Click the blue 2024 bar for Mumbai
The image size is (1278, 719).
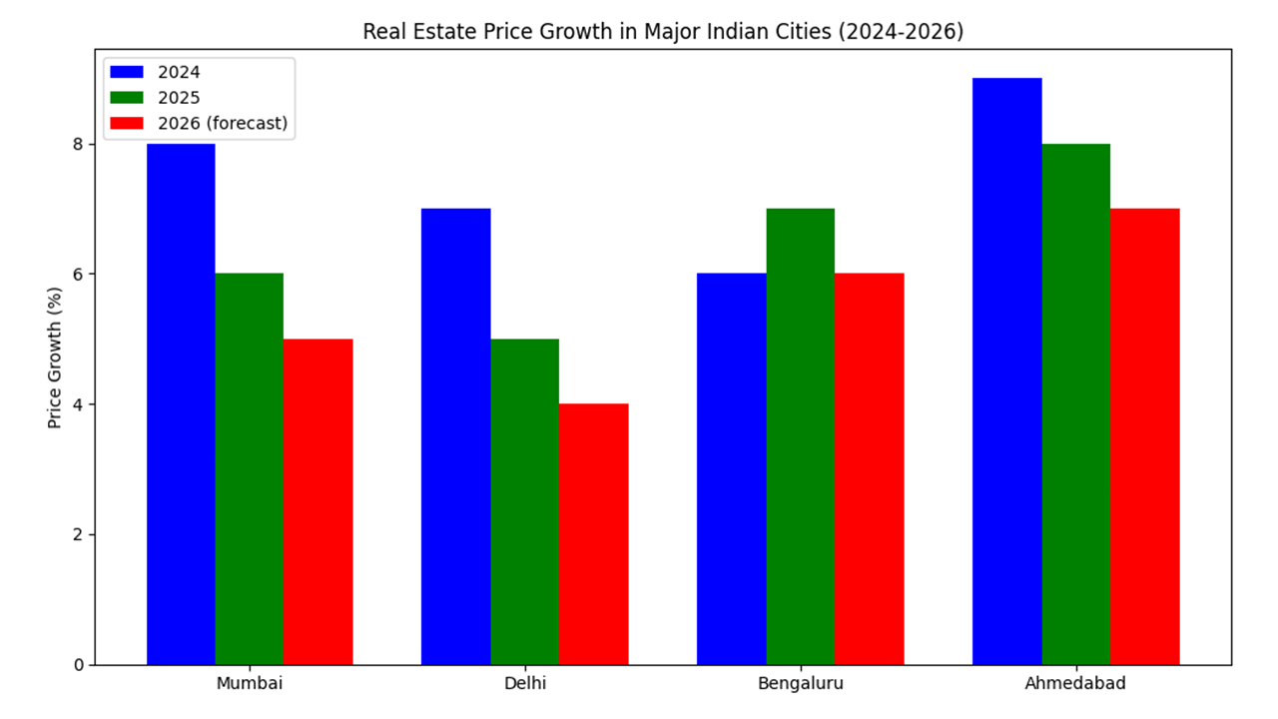coord(181,404)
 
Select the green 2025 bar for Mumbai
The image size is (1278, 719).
coord(250,469)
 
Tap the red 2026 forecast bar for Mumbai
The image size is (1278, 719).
coord(318,501)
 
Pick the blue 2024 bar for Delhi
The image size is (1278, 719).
coord(455,436)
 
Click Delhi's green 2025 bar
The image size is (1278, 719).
coord(524,501)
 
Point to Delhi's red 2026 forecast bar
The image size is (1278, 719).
coord(593,534)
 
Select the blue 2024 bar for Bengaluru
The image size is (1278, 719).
coord(731,469)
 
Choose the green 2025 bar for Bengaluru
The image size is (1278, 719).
coord(800,436)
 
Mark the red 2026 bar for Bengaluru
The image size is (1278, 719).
coord(869,469)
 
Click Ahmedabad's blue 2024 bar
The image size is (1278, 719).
coord(1006,371)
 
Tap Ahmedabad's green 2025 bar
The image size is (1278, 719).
coord(1075,404)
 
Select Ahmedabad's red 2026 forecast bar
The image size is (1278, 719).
coord(1144,436)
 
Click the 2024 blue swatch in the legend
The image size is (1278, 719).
coord(127,72)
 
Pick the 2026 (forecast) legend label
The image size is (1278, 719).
coord(222,123)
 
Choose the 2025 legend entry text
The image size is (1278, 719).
coord(179,98)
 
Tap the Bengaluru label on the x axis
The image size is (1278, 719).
coord(800,684)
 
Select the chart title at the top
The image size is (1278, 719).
coord(663,32)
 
